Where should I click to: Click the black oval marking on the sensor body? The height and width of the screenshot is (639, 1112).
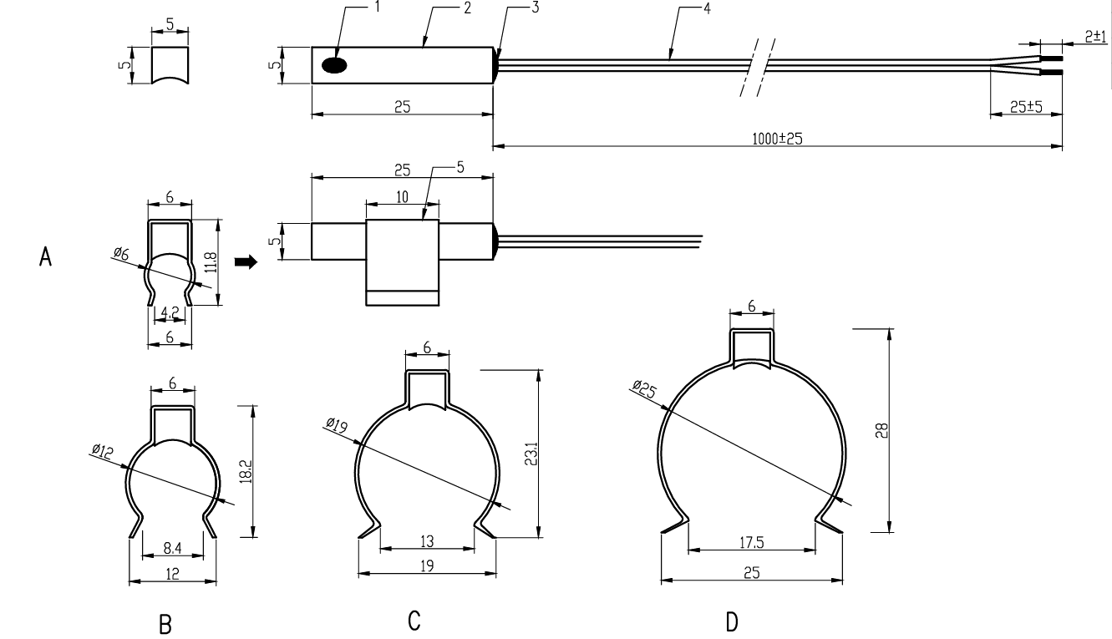(334, 65)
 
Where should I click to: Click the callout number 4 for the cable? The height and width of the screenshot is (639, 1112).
(707, 8)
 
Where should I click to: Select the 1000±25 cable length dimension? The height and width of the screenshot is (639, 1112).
(778, 139)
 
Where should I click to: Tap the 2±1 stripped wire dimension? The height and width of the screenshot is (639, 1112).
(1095, 37)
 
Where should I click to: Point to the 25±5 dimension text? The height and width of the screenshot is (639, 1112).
(1026, 107)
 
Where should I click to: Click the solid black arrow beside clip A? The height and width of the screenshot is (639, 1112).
(246, 261)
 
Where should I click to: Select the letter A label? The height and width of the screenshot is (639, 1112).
(45, 257)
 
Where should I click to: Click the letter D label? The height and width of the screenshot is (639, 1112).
(732, 621)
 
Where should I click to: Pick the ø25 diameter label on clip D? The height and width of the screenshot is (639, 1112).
(644, 388)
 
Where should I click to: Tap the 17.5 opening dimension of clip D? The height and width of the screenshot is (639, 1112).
(752, 543)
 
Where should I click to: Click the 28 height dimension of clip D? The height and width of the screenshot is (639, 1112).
(881, 430)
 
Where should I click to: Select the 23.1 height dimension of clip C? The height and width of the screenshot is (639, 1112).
(531, 454)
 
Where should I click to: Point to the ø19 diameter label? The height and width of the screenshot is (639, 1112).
(337, 425)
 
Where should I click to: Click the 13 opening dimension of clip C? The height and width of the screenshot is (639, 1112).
(427, 541)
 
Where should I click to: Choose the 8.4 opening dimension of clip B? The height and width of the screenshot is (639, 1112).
(172, 548)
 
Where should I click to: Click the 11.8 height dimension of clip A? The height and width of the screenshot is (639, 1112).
(211, 262)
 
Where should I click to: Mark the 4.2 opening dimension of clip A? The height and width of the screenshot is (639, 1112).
(170, 312)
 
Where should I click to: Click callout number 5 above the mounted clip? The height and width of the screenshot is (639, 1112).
(460, 167)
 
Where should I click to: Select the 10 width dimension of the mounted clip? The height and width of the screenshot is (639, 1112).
(402, 197)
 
